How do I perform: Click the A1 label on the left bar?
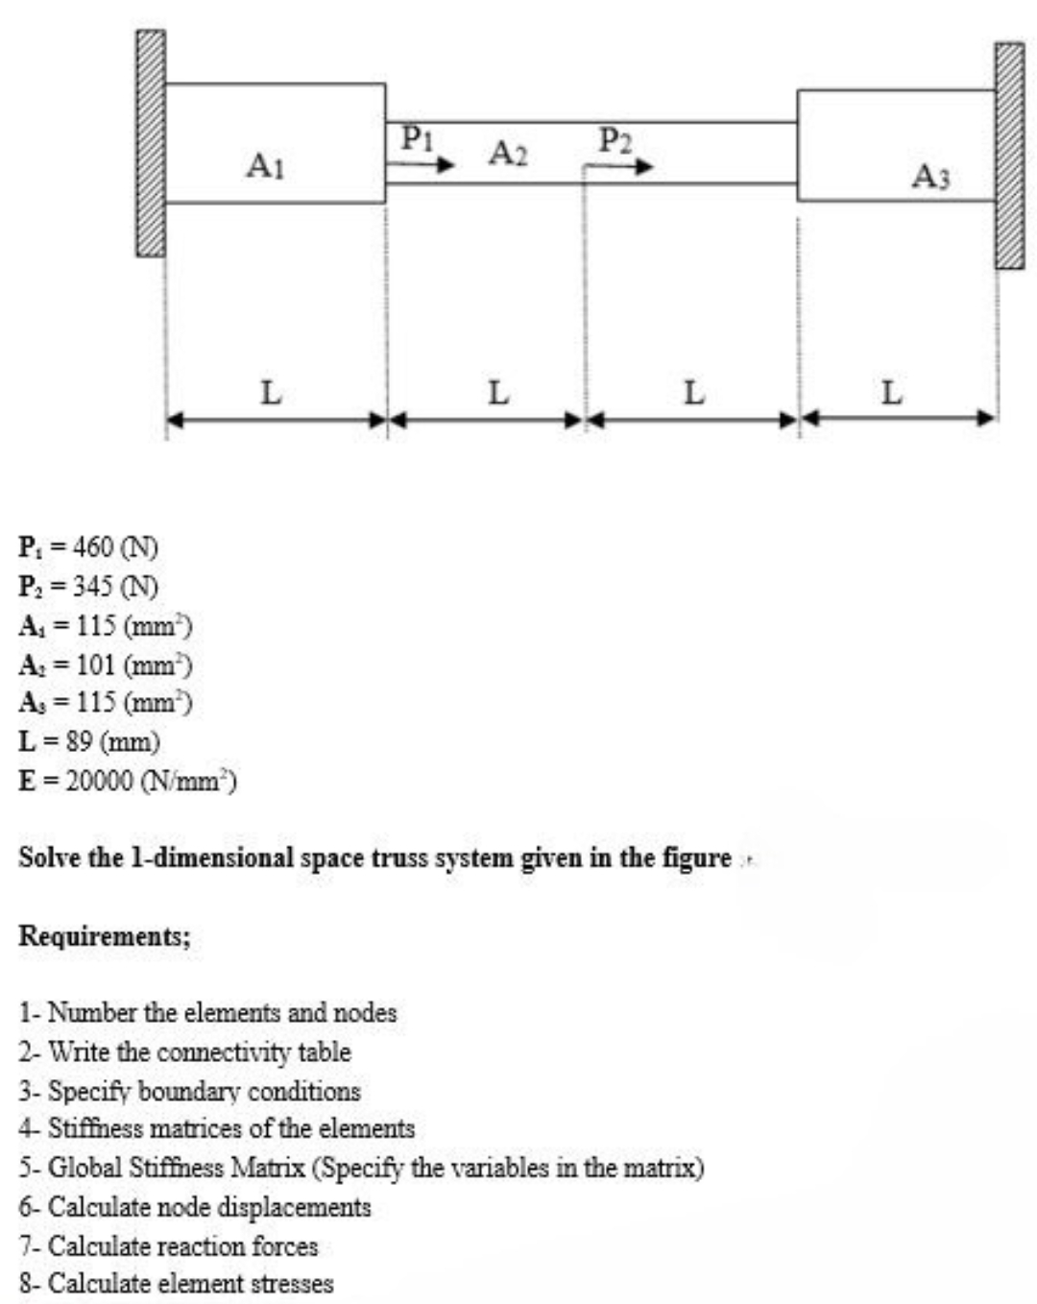[x=265, y=166]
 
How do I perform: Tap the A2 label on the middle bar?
[x=508, y=153]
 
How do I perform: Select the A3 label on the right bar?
[x=930, y=176]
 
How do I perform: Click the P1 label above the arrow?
[x=417, y=137]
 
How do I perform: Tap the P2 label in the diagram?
[x=615, y=140]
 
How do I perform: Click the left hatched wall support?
[x=150, y=143]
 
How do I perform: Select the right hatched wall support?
[x=1008, y=156]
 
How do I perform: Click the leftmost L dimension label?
[x=272, y=392]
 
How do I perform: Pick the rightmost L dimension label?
[x=891, y=392]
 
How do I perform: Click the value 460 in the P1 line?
[x=93, y=547]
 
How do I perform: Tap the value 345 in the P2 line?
[x=93, y=586]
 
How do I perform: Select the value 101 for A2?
[x=95, y=664]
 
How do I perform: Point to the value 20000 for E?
[x=99, y=782]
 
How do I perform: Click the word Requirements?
[x=104, y=936]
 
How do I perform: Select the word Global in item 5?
[x=84, y=1169]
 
